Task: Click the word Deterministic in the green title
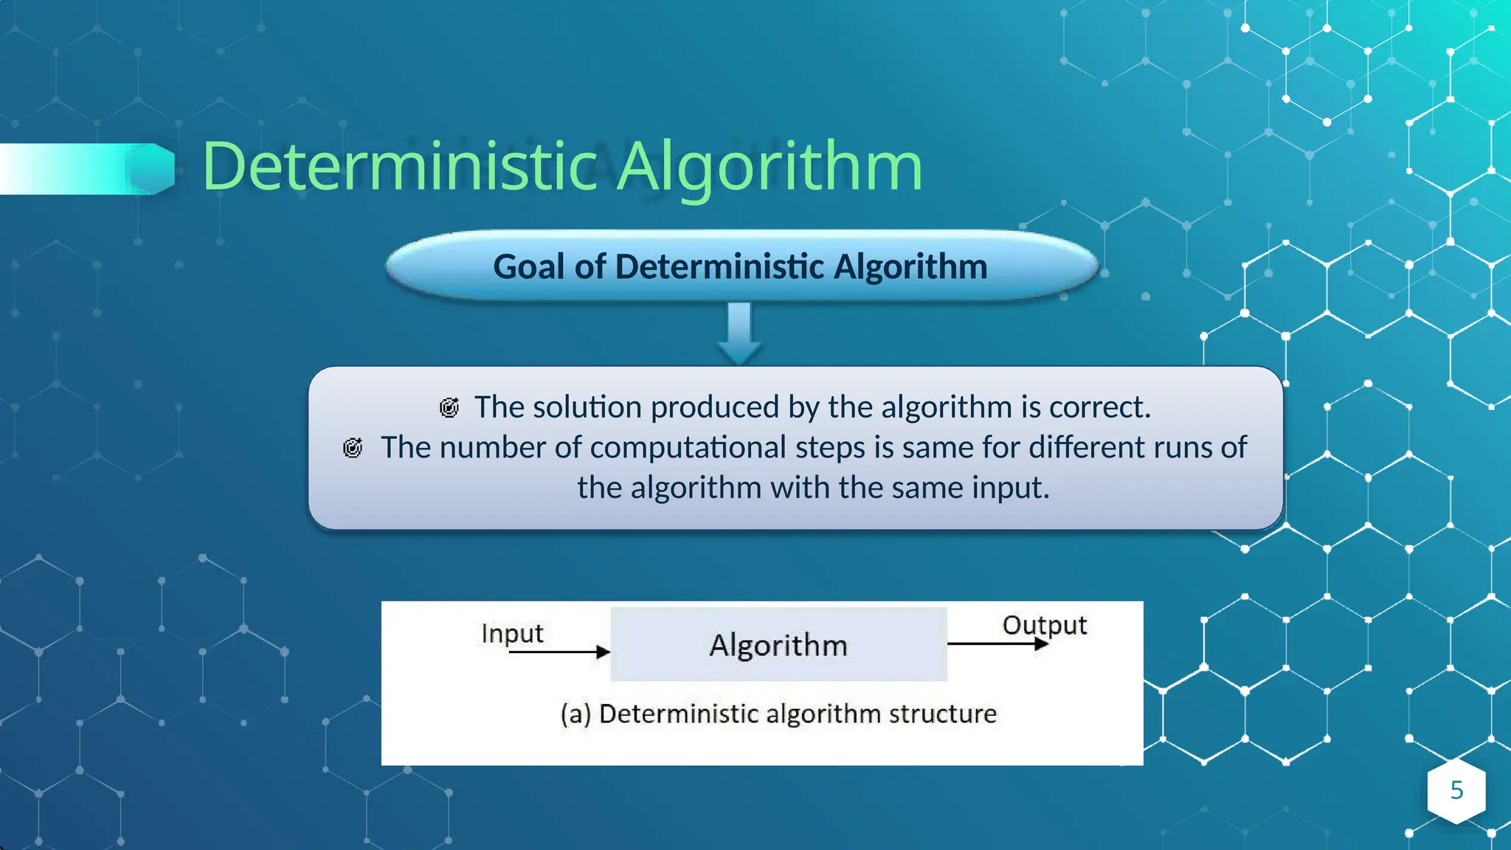398,167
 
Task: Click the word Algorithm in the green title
769,167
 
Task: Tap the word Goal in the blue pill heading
530,266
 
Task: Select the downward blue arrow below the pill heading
739,332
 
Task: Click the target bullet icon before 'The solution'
449,407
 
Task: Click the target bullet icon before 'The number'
353,448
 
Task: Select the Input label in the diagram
512,633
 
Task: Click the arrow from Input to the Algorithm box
559,652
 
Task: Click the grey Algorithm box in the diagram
778,644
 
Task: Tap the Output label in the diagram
1044,625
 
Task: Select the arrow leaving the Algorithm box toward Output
996,644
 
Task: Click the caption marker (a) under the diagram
575,714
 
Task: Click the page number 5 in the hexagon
1456,790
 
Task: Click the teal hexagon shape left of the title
153,169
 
